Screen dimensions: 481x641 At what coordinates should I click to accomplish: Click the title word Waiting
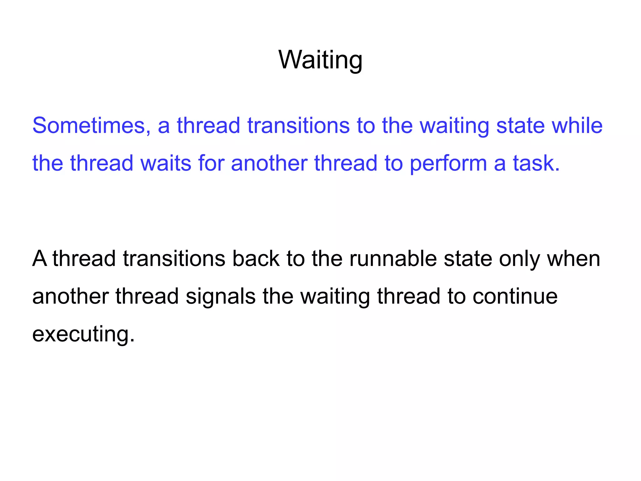320,60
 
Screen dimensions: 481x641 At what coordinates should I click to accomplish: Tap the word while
577,125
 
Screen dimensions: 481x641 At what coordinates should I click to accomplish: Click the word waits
166,163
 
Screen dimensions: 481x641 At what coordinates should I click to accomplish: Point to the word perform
448,163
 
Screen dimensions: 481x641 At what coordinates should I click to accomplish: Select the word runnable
393,259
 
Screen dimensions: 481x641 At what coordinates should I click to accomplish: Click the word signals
220,296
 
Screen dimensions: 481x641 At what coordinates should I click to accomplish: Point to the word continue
515,296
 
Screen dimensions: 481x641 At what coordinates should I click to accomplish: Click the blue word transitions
298,125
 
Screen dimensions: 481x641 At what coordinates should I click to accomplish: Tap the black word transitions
174,259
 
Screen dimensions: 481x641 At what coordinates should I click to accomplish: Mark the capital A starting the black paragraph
39,259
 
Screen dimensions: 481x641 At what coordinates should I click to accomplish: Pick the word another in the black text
70,296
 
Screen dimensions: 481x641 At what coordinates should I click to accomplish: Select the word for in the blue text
211,163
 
